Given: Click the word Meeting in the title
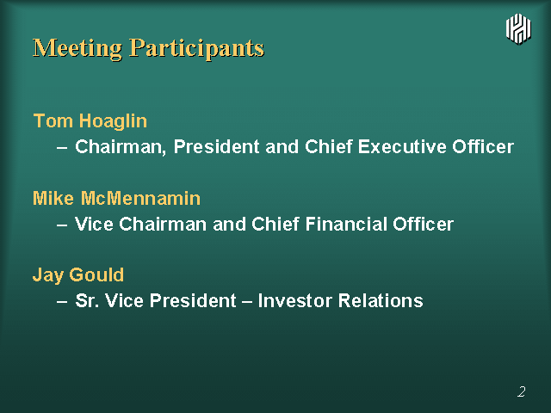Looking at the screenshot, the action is tap(77, 48).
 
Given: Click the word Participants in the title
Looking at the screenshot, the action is tap(197, 49).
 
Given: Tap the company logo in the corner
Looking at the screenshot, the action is tap(518, 29).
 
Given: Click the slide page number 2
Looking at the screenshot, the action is tap(522, 391).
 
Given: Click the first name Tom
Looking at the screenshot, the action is tap(53, 120).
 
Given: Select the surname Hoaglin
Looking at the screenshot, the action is tap(113, 121).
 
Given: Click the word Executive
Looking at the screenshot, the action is tap(402, 146).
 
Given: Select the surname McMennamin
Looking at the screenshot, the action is tap(141, 198).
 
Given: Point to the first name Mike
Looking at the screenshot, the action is tap(53, 198).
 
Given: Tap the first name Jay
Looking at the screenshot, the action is tap(48, 275).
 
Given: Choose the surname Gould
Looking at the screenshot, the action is tap(96, 274).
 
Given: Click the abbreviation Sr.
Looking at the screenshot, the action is tap(87, 300).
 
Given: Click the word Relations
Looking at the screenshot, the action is tap(381, 300).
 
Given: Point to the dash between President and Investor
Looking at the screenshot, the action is tap(247, 302).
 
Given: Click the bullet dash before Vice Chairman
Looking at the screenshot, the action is tap(62, 225).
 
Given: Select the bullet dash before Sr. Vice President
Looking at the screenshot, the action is tap(62, 302).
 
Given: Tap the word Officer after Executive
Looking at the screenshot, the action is tap(483, 146).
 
